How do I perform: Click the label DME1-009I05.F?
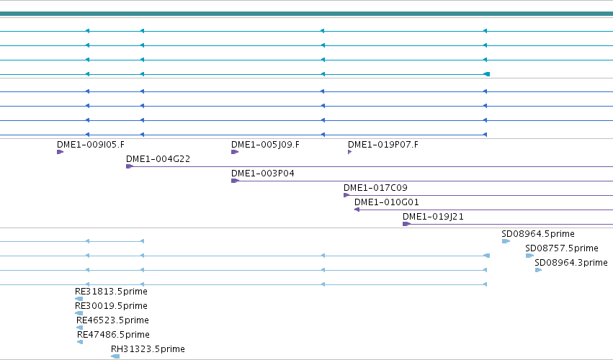[91, 145]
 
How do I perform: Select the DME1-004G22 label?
[158, 159]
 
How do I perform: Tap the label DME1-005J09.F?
[266, 145]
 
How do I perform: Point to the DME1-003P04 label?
[263, 174]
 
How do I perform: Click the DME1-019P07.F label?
[383, 145]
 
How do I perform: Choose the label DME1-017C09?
[376, 188]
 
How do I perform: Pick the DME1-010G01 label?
[387, 202]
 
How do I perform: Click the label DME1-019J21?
[433, 217]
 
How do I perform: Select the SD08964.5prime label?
[538, 234]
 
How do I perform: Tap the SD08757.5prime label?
[562, 248]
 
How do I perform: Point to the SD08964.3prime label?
[571, 263]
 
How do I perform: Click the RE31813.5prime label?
[111, 292]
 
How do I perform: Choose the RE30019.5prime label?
[111, 306]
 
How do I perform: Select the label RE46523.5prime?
[112, 320]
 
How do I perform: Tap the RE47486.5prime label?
[113, 335]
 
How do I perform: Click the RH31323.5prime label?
[148, 349]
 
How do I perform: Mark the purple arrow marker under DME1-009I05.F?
[61, 152]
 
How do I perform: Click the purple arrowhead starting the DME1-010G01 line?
[357, 210]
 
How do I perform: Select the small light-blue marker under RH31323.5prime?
[115, 356]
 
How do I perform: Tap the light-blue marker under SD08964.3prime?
[538, 270]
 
